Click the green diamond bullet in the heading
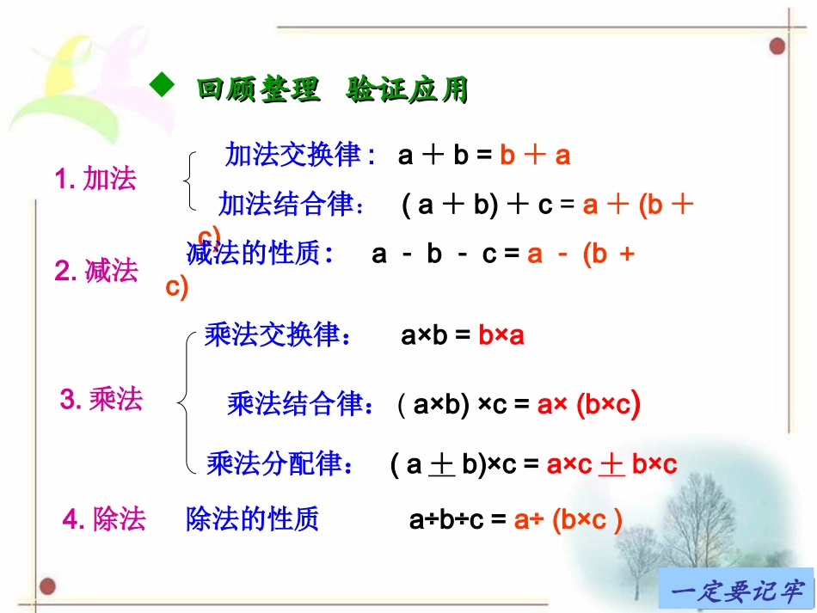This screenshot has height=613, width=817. click(x=160, y=83)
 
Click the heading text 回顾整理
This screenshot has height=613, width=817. click(x=259, y=89)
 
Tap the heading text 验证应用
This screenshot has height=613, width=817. click(x=408, y=89)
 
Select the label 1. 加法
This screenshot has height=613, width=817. click(x=95, y=180)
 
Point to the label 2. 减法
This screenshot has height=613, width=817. click(x=96, y=271)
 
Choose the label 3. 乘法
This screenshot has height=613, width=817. click(x=101, y=399)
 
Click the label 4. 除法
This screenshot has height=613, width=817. click(x=105, y=519)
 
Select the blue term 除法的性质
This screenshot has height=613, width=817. click(x=253, y=519)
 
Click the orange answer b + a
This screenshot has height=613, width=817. click(x=535, y=156)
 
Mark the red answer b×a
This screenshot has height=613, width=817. click(x=501, y=335)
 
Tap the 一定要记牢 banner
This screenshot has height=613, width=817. click(x=736, y=591)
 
